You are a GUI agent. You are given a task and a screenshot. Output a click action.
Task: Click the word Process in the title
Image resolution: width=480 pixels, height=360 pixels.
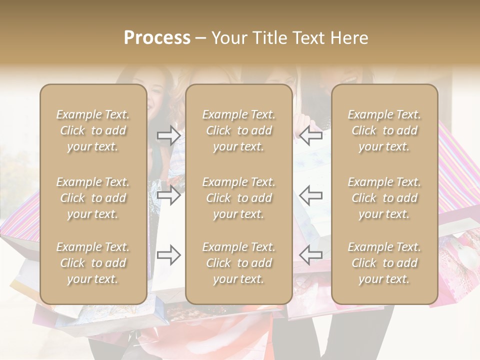tap(157, 38)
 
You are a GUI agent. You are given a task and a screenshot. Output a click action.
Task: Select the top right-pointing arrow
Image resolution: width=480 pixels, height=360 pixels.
tap(168, 135)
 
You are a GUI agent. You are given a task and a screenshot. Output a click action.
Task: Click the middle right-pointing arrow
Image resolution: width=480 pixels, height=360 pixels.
tap(168, 195)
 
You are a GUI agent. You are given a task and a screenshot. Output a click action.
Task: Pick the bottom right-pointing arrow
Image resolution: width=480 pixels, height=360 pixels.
tap(168, 255)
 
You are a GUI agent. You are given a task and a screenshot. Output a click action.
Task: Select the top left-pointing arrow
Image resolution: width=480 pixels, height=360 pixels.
tap(311, 135)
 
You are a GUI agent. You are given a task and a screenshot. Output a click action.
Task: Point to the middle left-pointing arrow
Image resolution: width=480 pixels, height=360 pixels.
tap(311, 195)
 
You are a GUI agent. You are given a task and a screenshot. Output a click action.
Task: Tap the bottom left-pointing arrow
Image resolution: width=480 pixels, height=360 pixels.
tap(311, 255)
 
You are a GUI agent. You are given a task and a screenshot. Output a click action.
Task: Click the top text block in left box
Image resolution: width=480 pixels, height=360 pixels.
tap(93, 130)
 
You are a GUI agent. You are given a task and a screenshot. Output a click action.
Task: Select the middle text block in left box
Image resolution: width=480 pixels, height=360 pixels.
tap(93, 198)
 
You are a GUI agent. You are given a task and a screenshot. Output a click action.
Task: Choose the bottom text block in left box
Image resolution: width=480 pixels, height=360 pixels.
tap(93, 263)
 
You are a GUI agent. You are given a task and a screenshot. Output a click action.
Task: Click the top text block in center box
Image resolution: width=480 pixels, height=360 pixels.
tap(239, 130)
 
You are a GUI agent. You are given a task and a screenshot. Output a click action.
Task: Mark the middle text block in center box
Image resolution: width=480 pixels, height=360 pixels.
tap(239, 198)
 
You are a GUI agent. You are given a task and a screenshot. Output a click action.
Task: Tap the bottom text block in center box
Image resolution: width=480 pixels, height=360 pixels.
tap(239, 263)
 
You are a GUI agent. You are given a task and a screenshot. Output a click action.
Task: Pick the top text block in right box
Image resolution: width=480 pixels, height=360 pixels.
tap(384, 130)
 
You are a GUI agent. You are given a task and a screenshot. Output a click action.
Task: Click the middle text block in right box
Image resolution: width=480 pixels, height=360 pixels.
tap(384, 198)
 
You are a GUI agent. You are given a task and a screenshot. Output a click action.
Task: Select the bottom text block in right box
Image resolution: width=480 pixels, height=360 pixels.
tap(384, 263)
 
